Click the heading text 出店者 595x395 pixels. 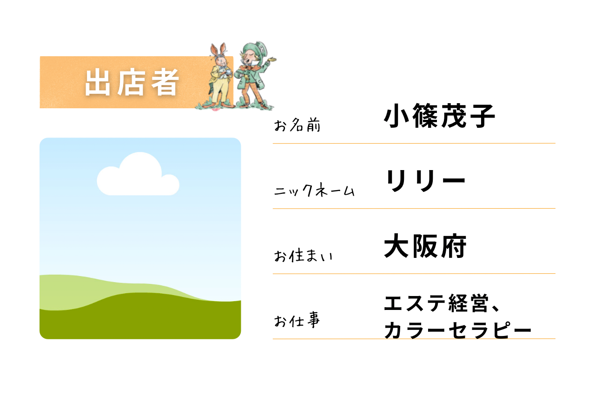[132, 82]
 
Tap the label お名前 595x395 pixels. [297, 125]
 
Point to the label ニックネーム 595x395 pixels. [315, 190]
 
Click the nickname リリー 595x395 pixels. [425, 180]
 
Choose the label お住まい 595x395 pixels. [304, 256]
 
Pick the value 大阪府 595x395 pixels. [425, 246]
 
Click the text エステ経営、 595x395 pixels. [442, 303]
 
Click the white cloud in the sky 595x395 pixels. [138, 174]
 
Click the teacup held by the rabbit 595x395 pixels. [228, 72]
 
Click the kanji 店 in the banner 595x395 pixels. [131, 82]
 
